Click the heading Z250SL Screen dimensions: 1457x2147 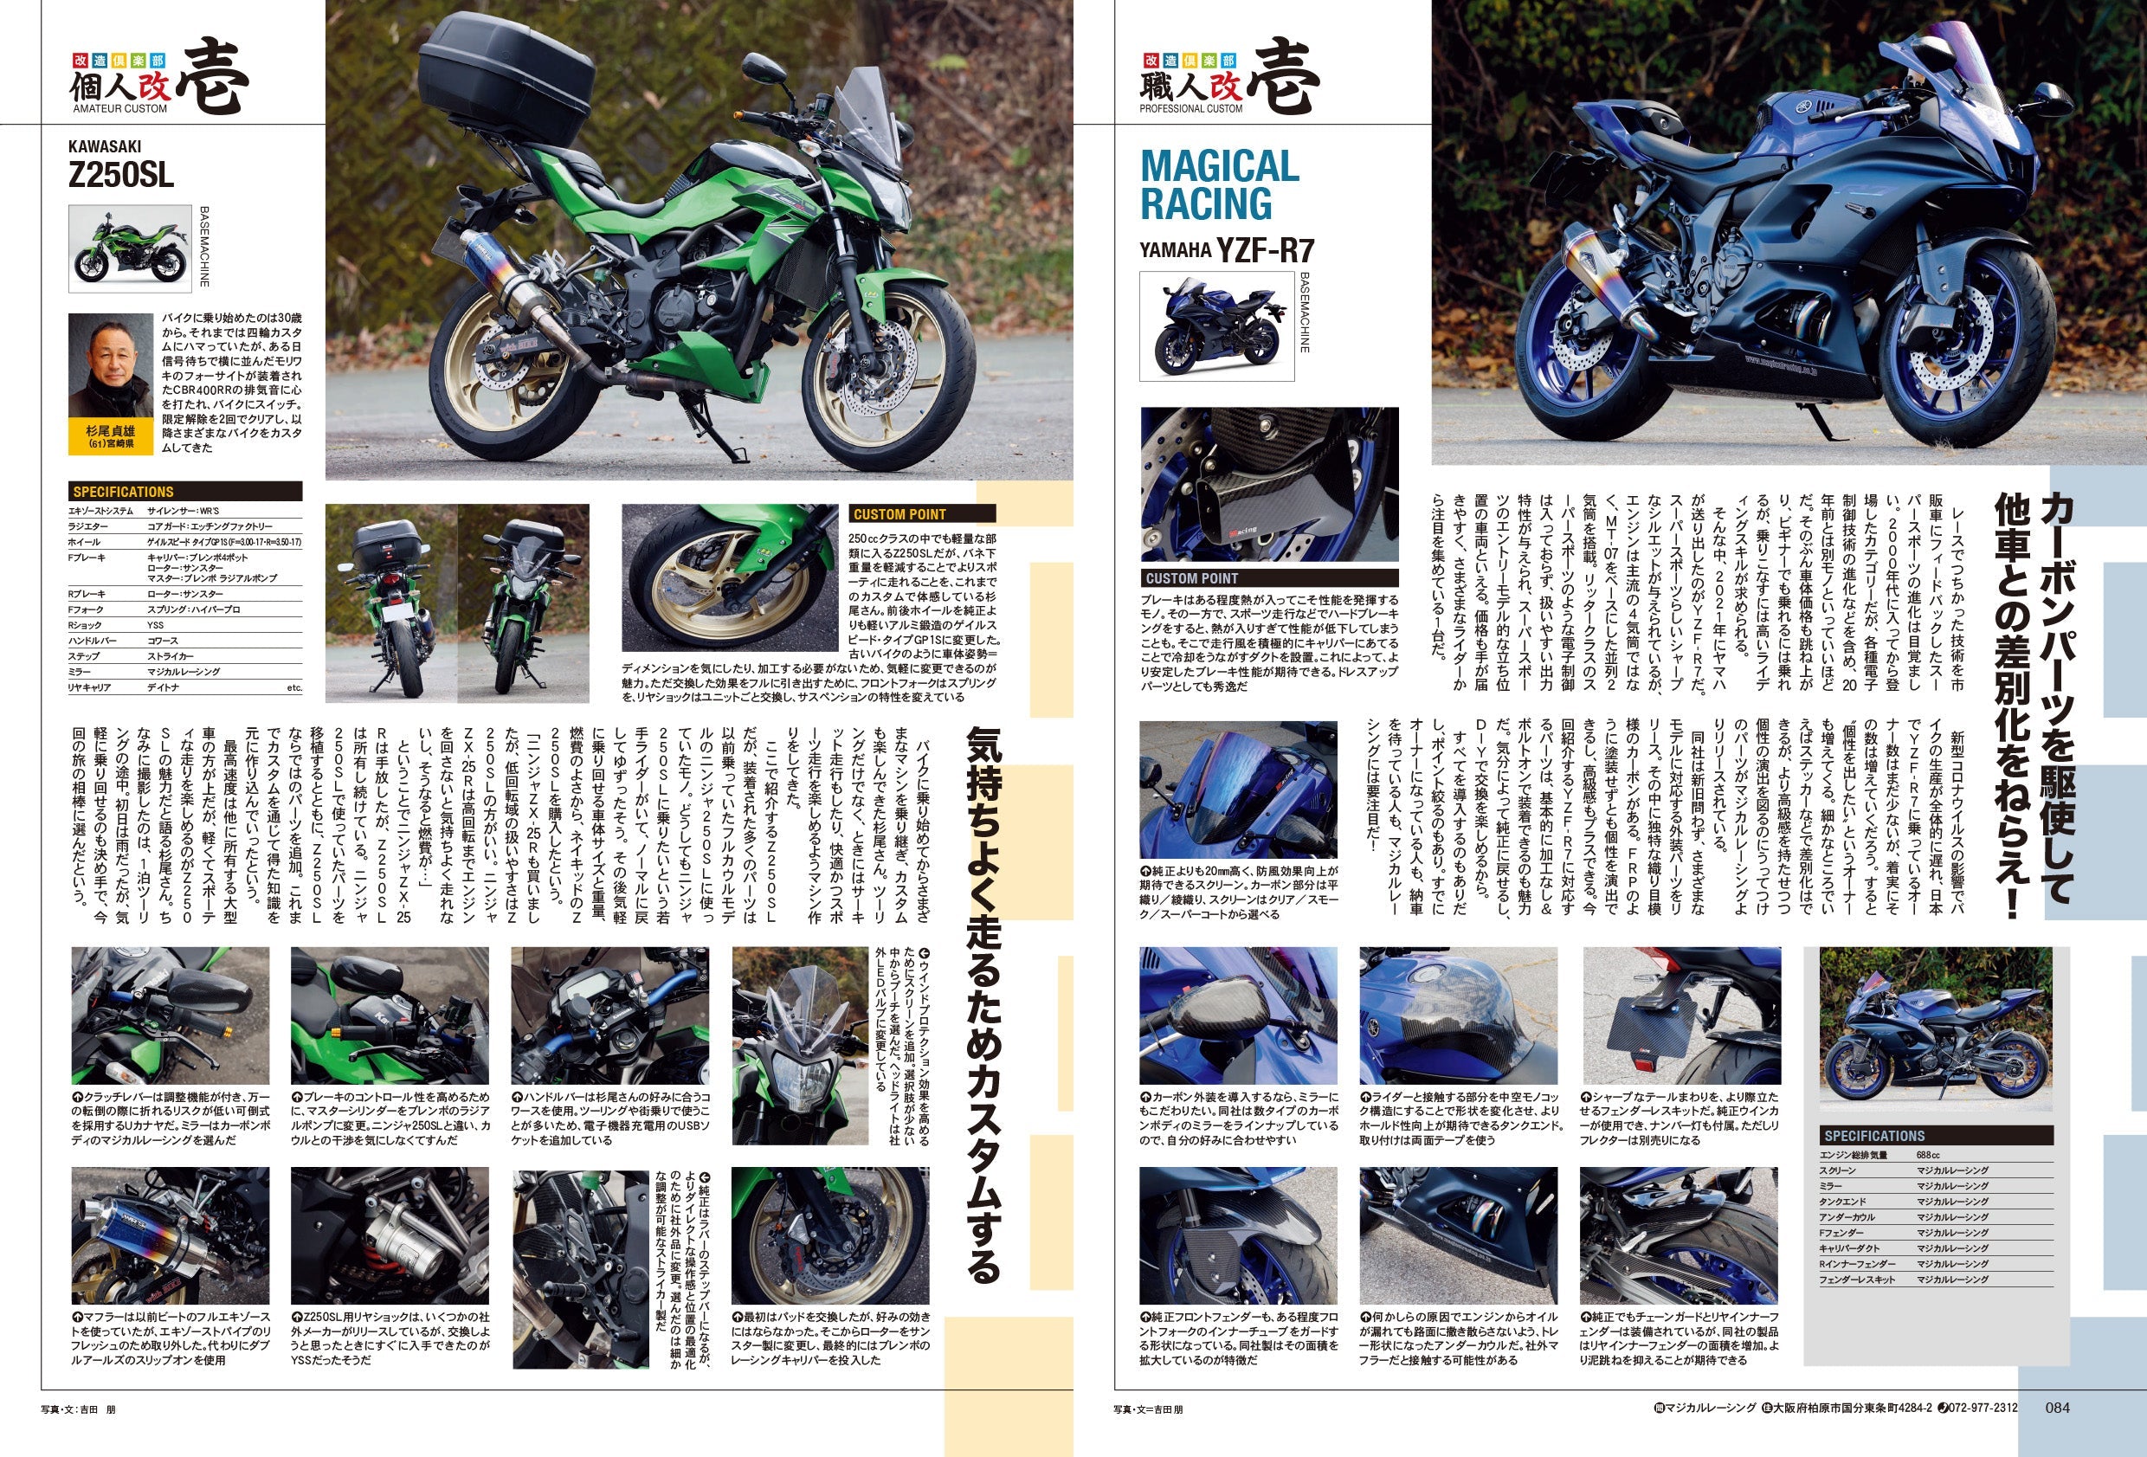pos(121,175)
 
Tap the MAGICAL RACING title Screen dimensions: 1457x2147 pos(1220,184)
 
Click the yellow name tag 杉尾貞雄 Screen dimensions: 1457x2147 pos(111,436)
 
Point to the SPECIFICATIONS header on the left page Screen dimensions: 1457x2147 pos(124,492)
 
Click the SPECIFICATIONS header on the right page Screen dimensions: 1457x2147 pos(1874,1136)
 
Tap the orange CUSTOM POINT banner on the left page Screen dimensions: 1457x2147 pos(899,513)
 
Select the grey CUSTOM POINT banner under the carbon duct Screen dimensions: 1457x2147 pos(1192,578)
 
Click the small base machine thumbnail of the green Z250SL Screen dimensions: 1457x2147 pos(129,248)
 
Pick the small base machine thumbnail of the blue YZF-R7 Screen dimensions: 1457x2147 pos(1215,326)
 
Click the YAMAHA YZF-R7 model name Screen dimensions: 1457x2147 pos(1225,250)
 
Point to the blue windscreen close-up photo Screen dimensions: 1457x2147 pos(1237,790)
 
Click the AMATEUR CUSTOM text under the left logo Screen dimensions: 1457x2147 pos(120,109)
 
